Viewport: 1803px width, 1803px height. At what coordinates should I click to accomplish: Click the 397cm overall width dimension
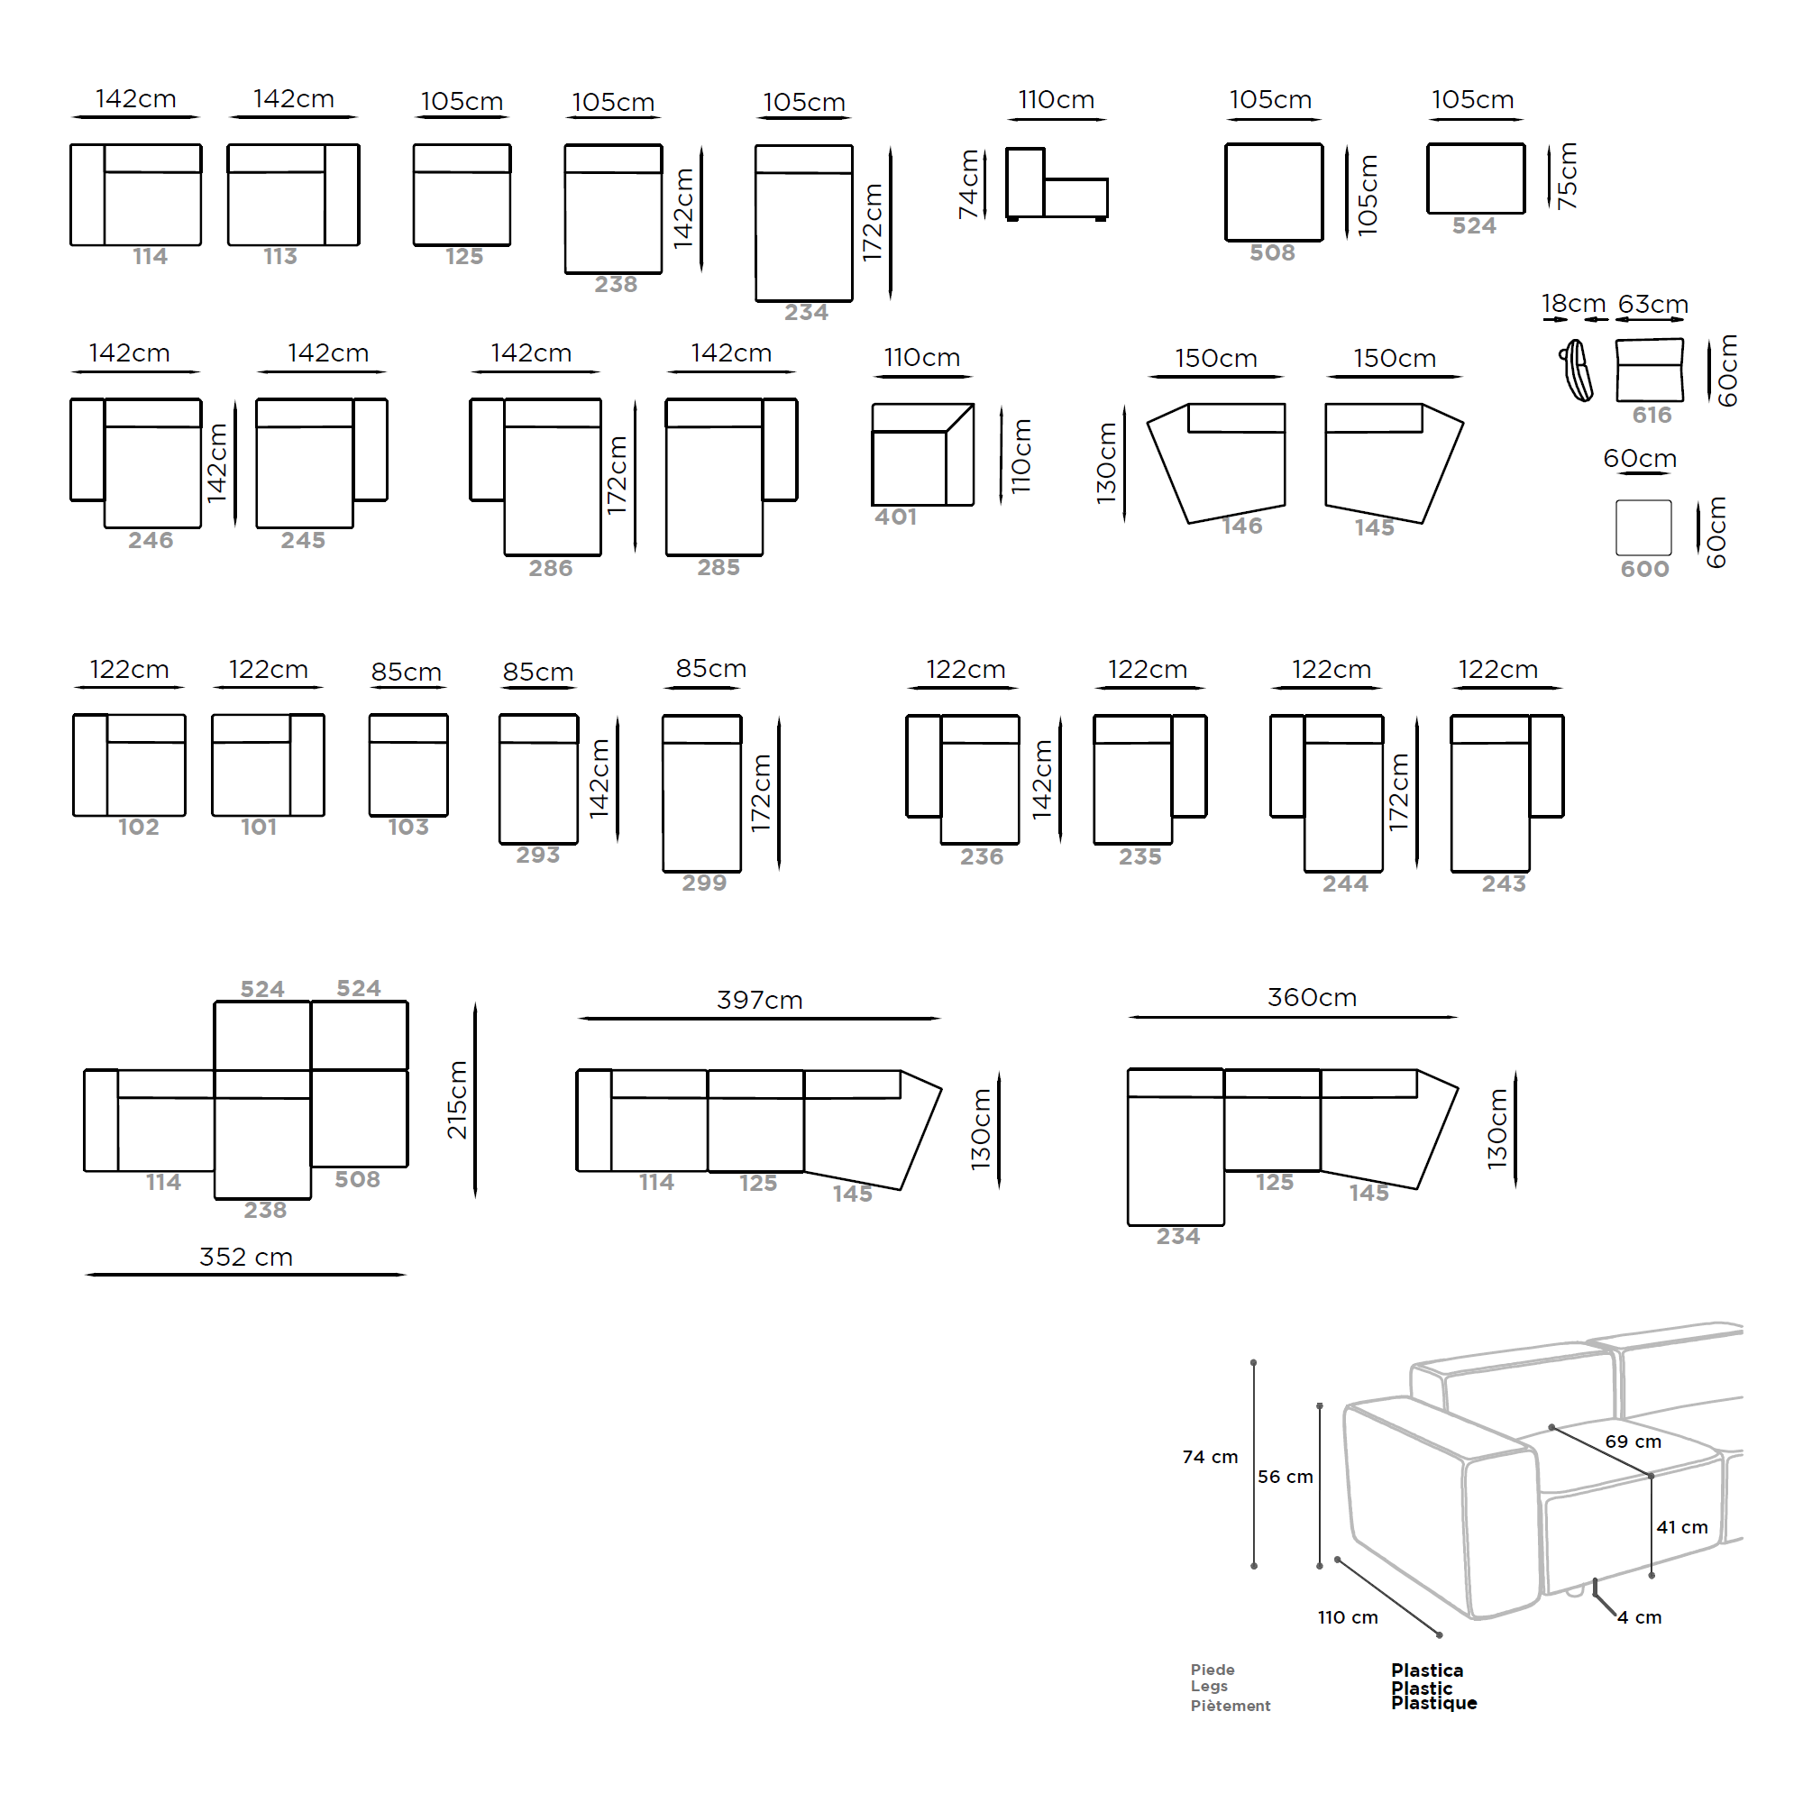(x=760, y=1001)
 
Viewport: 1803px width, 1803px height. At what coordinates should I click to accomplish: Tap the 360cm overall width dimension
(x=1311, y=998)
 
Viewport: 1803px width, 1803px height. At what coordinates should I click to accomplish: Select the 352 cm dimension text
(x=246, y=1257)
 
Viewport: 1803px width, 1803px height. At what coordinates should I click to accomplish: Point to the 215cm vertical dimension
(x=457, y=1100)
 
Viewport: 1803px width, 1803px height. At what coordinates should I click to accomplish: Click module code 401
(x=896, y=517)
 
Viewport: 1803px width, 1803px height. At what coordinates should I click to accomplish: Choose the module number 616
(x=1652, y=416)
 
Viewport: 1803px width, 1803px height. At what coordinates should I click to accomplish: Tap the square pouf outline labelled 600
(x=1643, y=528)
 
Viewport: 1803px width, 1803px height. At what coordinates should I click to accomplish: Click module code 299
(x=704, y=883)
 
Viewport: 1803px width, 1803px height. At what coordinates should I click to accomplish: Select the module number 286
(x=551, y=568)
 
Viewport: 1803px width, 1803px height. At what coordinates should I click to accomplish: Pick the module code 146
(x=1242, y=526)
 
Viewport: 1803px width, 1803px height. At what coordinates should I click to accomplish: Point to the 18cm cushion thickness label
(x=1573, y=304)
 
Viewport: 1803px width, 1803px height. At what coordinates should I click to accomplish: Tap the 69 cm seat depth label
(x=1634, y=1441)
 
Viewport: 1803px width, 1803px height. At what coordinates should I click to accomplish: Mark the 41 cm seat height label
(x=1681, y=1528)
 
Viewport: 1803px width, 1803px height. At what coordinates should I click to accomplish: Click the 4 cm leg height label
(x=1640, y=1618)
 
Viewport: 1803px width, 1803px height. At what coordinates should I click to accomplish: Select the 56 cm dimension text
(x=1285, y=1478)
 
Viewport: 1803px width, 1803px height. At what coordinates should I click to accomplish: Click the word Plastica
(x=1427, y=1670)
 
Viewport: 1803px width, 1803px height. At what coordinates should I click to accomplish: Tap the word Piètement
(x=1230, y=1706)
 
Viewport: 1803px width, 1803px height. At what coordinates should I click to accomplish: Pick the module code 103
(x=408, y=827)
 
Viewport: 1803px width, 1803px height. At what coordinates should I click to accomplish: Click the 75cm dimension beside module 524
(x=1568, y=176)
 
